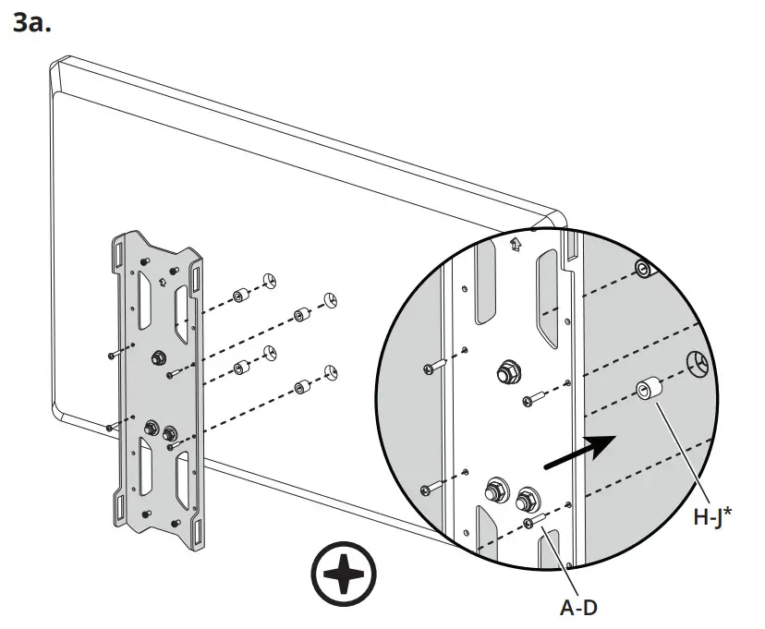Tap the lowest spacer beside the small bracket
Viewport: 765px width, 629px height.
click(x=299, y=386)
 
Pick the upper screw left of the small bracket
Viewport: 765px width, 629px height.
click(x=111, y=355)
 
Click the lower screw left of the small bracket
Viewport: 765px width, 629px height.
click(x=111, y=427)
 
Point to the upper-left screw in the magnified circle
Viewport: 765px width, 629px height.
click(x=431, y=369)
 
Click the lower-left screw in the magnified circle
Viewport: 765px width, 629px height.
click(x=426, y=488)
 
